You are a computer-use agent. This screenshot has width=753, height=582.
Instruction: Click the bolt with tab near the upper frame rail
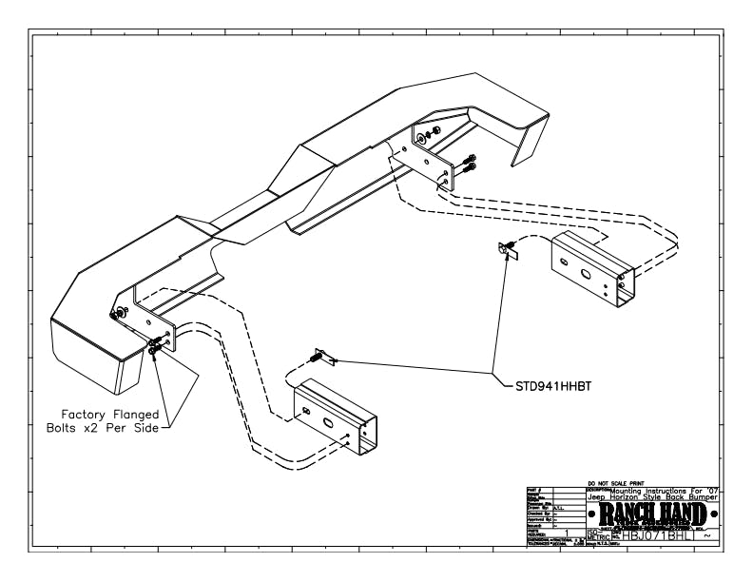pos(507,250)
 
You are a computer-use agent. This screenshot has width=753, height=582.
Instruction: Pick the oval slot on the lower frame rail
pos(327,419)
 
